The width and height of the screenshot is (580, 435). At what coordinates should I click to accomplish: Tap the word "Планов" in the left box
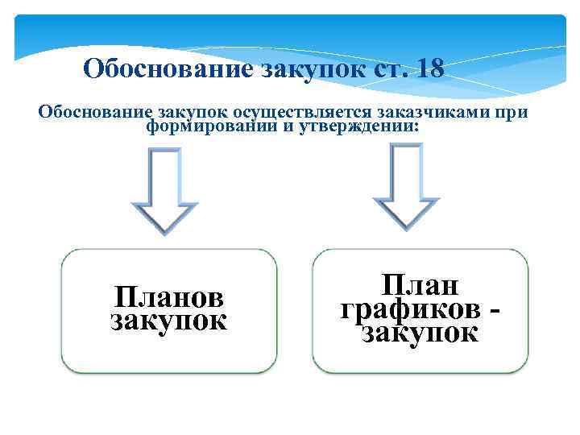click(169, 297)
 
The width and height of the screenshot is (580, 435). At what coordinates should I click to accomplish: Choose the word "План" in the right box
click(420, 285)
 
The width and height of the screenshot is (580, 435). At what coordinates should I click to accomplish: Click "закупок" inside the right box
click(420, 331)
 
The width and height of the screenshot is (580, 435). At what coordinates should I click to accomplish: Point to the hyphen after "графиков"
click(493, 309)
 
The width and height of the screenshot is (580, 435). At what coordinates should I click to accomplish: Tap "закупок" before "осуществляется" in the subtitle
click(188, 112)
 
